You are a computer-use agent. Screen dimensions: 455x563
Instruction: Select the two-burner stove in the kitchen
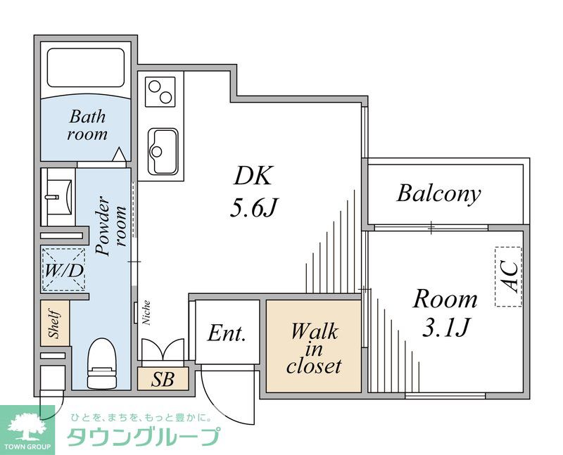pos(160,91)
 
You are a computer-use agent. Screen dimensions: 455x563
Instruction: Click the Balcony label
pos(438,193)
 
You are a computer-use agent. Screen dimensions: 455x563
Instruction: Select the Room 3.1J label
pos(444,312)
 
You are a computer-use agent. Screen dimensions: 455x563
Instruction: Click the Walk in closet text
pos(314,348)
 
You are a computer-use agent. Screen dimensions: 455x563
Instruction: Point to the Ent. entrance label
pos(227,333)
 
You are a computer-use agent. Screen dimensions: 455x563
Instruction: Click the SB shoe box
pos(163,380)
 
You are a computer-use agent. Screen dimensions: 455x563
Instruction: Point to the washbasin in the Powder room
pos(58,191)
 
